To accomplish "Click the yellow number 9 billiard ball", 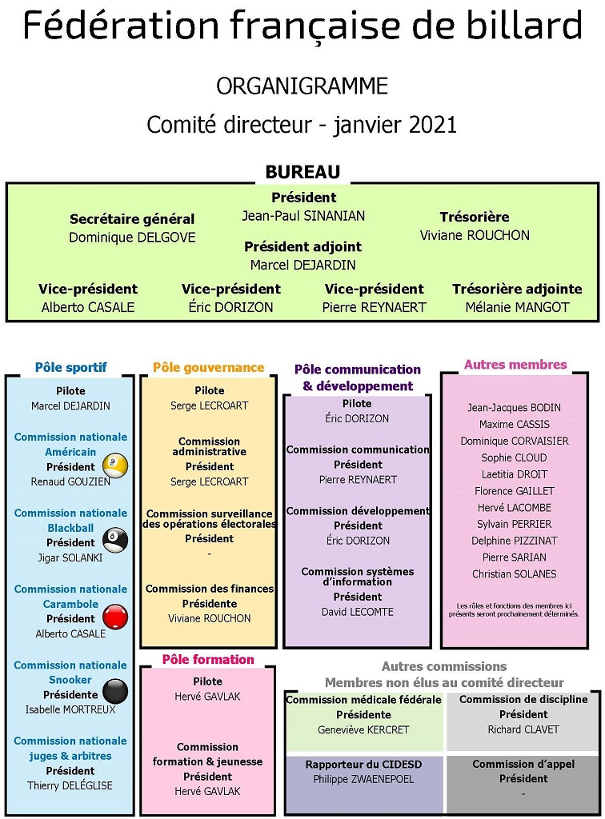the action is coord(115,465).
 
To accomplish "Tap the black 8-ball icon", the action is coord(115,541).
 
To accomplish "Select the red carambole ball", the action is coord(115,617).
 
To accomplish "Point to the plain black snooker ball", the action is coord(115,692).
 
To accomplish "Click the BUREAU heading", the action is coord(302,172).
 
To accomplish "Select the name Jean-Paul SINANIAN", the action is coord(303,216).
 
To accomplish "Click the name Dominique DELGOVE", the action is coord(132,238).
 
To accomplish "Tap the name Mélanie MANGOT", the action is coord(517,307).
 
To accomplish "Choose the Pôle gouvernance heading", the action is coord(208,368).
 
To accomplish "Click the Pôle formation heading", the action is coord(208,659).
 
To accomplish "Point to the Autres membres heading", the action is coord(515,365).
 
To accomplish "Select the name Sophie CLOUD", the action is coord(514,457).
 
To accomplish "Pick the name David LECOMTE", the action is coord(358,612).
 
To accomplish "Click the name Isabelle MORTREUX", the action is coord(70,709).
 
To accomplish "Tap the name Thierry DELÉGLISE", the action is coord(70,785).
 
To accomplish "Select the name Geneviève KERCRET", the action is coord(363,729).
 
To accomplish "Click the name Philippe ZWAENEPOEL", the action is coord(363,779).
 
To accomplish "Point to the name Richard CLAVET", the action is coord(523,729).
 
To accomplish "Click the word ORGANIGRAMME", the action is coord(302,86).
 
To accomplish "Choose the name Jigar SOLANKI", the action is coord(70,557).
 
